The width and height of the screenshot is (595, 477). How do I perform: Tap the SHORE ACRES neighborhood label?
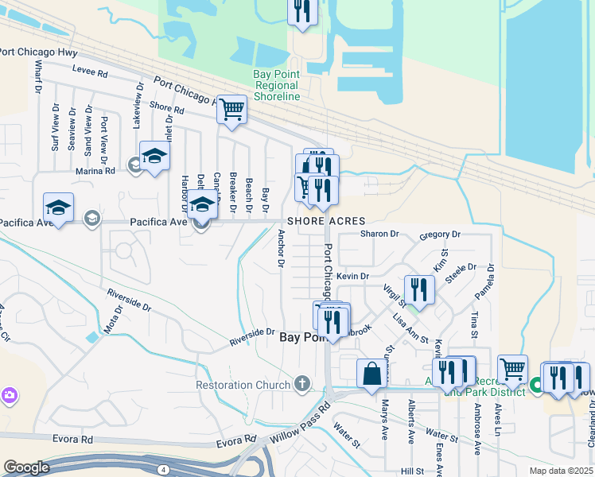tap(326, 221)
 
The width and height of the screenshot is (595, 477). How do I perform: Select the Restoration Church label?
tap(243, 386)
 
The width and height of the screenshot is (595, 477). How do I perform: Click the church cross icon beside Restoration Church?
tap(301, 385)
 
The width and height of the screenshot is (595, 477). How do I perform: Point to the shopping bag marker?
tap(371, 374)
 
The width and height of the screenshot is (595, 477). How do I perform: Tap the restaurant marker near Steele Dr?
tap(418, 289)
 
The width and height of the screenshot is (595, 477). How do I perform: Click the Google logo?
tap(25, 467)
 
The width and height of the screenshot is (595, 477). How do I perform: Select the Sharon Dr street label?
tap(378, 234)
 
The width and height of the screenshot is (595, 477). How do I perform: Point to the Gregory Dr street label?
tap(440, 235)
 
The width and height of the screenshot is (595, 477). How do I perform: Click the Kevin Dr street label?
tap(352, 276)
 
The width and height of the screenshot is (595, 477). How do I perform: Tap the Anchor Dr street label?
tap(281, 248)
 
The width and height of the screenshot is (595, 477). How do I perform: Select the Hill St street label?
tap(412, 471)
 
